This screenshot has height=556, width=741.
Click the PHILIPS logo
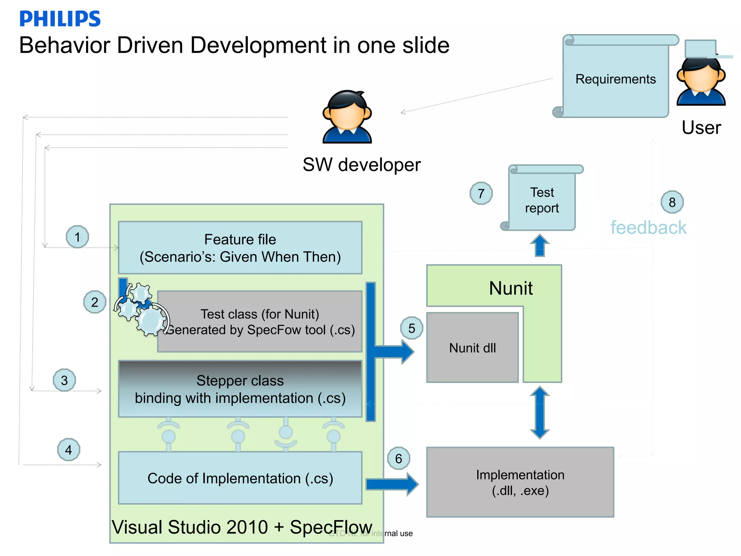(60, 19)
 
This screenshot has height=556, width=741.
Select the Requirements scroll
(615, 78)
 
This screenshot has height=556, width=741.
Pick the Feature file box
(240, 248)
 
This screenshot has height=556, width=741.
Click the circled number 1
(77, 237)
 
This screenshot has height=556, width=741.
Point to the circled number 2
(94, 302)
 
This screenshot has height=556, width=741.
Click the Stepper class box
(240, 389)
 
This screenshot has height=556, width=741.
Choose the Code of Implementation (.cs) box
(240, 478)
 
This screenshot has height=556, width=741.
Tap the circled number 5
(411, 328)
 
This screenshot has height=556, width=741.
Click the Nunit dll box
(472, 347)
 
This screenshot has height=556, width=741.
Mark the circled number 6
(398, 459)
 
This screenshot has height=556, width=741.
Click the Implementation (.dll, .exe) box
(520, 482)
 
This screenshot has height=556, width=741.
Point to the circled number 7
(481, 193)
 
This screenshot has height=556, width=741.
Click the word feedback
(648, 228)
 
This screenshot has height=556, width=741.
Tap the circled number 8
(672, 202)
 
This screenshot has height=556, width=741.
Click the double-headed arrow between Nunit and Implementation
(539, 413)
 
